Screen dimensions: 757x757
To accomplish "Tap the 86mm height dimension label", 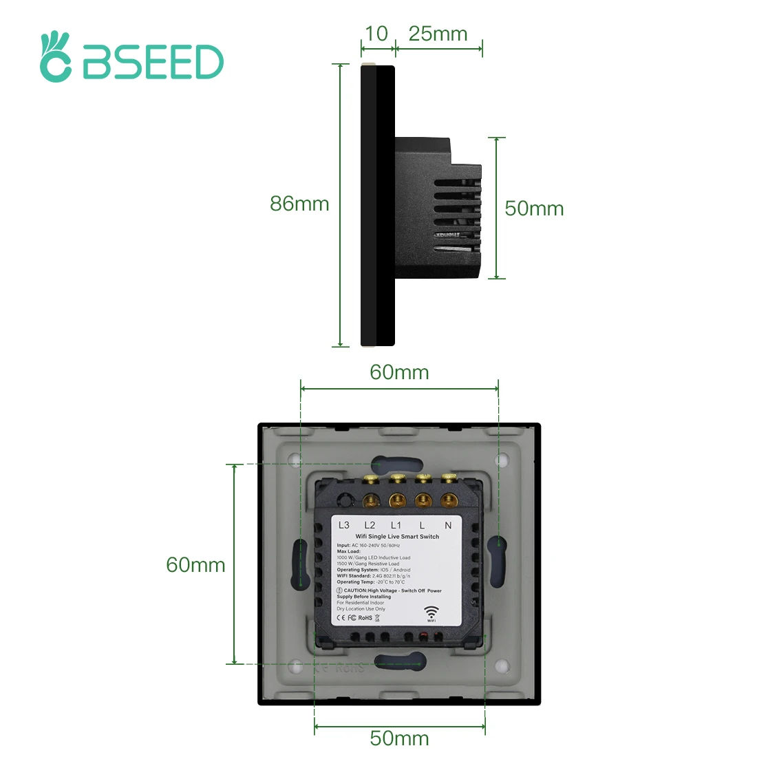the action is click(x=299, y=204).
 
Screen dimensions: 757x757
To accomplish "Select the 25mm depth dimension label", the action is click(x=438, y=34).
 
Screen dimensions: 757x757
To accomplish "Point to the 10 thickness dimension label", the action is click(x=376, y=34).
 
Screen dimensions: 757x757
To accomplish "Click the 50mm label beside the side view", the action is click(x=534, y=209).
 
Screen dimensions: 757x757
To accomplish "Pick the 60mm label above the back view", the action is click(x=399, y=372).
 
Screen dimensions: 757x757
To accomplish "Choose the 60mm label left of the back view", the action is click(x=195, y=565).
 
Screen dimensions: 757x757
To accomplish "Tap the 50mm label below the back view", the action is click(x=399, y=738).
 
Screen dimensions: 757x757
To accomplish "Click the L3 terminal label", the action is click(x=344, y=525).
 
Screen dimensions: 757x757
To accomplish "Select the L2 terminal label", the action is click(x=370, y=525).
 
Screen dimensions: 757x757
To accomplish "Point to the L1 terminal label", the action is click(x=396, y=525).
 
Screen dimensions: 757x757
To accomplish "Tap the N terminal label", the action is click(x=448, y=525).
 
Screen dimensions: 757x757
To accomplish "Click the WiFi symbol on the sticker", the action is click(x=431, y=612).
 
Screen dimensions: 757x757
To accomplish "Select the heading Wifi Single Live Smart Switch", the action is click(x=397, y=536).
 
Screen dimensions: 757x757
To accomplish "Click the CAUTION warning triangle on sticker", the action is click(x=339, y=590).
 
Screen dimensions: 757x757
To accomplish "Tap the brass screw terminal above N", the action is click(x=449, y=500).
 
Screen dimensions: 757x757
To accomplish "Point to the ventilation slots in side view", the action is click(x=456, y=204).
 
